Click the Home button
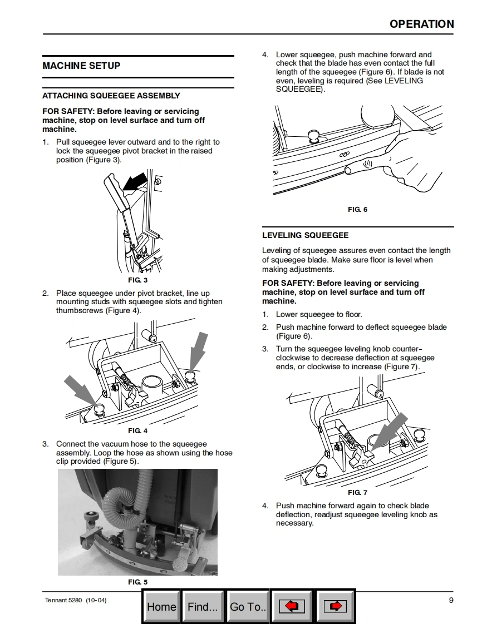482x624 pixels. (x=161, y=607)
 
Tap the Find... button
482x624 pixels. (x=203, y=607)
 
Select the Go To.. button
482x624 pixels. (x=248, y=607)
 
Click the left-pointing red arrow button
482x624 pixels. (x=292, y=607)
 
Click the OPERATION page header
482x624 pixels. (x=421, y=24)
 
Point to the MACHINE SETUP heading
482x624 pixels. (x=81, y=66)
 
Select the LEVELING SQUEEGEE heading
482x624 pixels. (x=305, y=235)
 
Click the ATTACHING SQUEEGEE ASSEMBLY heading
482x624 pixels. (x=111, y=96)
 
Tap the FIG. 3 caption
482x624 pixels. (x=137, y=280)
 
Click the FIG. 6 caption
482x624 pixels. (x=357, y=210)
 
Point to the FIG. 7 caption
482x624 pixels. (x=357, y=493)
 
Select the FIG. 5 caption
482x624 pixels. (x=137, y=582)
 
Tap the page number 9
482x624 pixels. (x=451, y=600)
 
